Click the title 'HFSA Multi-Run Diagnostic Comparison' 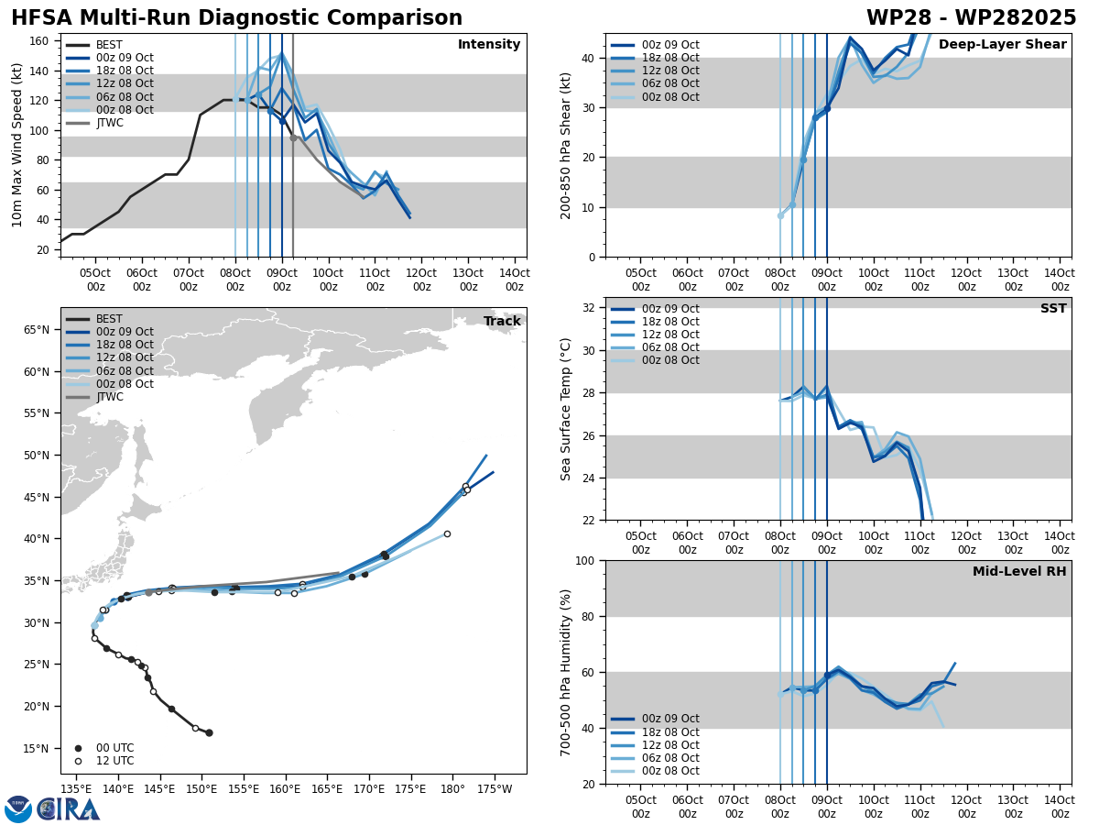click(236, 18)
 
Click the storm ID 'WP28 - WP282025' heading click(971, 18)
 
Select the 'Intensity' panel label click(489, 45)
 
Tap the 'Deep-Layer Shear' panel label click(1002, 45)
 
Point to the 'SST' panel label click(1053, 309)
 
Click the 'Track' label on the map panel click(502, 322)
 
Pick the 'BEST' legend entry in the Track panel click(109, 319)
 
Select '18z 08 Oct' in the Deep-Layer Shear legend click(670, 58)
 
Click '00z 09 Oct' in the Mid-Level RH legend click(670, 719)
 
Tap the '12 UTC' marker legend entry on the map click(114, 761)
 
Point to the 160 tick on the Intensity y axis click(41, 41)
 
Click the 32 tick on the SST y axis click(592, 308)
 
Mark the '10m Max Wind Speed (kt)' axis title click(17, 145)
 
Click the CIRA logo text click(69, 808)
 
